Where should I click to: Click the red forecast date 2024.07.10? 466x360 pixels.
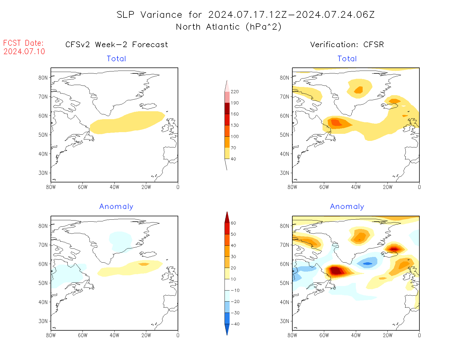24,51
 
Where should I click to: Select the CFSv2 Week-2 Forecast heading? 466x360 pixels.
116,45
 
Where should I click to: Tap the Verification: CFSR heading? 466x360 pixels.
347,45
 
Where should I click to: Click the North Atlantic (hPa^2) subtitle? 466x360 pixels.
228,27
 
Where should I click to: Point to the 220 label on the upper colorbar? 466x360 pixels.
234,92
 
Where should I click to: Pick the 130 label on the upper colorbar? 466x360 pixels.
234,125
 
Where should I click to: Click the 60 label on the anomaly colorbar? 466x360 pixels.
233,223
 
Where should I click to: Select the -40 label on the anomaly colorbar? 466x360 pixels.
235,324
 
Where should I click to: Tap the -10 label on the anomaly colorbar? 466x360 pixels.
235,290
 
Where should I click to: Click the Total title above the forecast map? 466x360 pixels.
116,59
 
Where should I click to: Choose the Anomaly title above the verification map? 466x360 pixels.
347,207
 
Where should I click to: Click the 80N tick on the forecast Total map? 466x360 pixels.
43,78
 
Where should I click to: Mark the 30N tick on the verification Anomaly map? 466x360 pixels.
285,321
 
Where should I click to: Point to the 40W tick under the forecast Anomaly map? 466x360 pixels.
114,335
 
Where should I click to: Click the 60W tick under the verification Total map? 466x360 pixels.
324,187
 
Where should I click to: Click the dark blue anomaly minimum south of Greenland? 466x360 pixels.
368,264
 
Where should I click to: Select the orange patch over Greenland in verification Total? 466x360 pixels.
359,90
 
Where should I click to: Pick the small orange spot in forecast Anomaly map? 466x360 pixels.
144,264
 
